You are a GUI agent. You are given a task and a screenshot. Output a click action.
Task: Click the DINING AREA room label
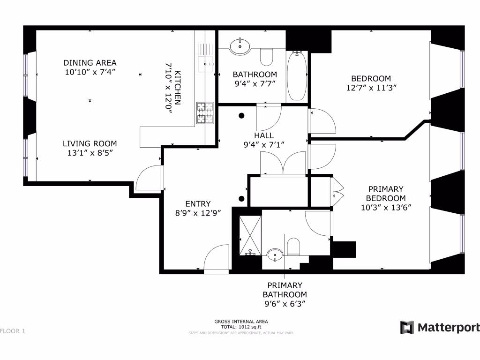point(90,63)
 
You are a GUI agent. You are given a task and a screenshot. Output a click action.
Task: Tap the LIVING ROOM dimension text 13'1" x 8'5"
point(90,153)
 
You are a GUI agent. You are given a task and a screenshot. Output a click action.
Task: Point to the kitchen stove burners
point(204,113)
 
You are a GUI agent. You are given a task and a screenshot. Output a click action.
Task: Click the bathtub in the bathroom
point(296,76)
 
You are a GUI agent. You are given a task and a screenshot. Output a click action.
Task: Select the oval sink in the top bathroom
point(240,46)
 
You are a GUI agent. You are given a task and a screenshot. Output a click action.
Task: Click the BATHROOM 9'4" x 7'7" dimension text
point(255,84)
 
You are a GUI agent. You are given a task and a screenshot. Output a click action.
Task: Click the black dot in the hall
point(242,115)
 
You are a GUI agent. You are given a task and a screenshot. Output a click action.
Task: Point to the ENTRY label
point(198,204)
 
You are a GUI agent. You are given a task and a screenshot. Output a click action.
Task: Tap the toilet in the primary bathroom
point(293,247)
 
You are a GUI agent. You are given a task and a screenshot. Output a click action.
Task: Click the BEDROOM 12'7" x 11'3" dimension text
point(371,88)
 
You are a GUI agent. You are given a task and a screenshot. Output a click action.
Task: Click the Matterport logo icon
point(406,327)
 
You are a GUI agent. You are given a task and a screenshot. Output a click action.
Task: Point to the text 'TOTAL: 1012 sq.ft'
point(241,327)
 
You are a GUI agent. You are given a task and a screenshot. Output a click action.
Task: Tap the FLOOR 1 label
point(12,331)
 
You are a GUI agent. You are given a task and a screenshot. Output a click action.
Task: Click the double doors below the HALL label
point(283,164)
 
